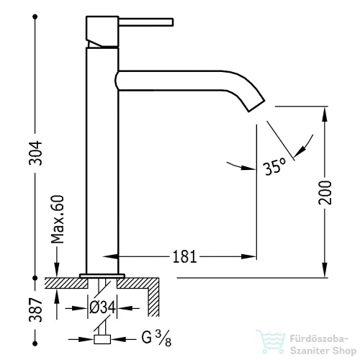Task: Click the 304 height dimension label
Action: pyautogui.click(x=35, y=153)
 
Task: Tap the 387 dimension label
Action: pyautogui.click(x=35, y=310)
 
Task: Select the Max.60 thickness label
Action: pyautogui.click(x=58, y=220)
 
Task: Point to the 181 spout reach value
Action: pyautogui.click(x=184, y=256)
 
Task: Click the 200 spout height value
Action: pyautogui.click(x=325, y=192)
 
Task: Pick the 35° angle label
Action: pyautogui.click(x=274, y=166)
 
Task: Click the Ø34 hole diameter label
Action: pyautogui.click(x=102, y=307)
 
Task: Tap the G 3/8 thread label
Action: pyautogui.click(x=156, y=338)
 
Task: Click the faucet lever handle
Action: pyautogui.click(x=146, y=22)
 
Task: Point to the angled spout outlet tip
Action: pyautogui.click(x=256, y=106)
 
